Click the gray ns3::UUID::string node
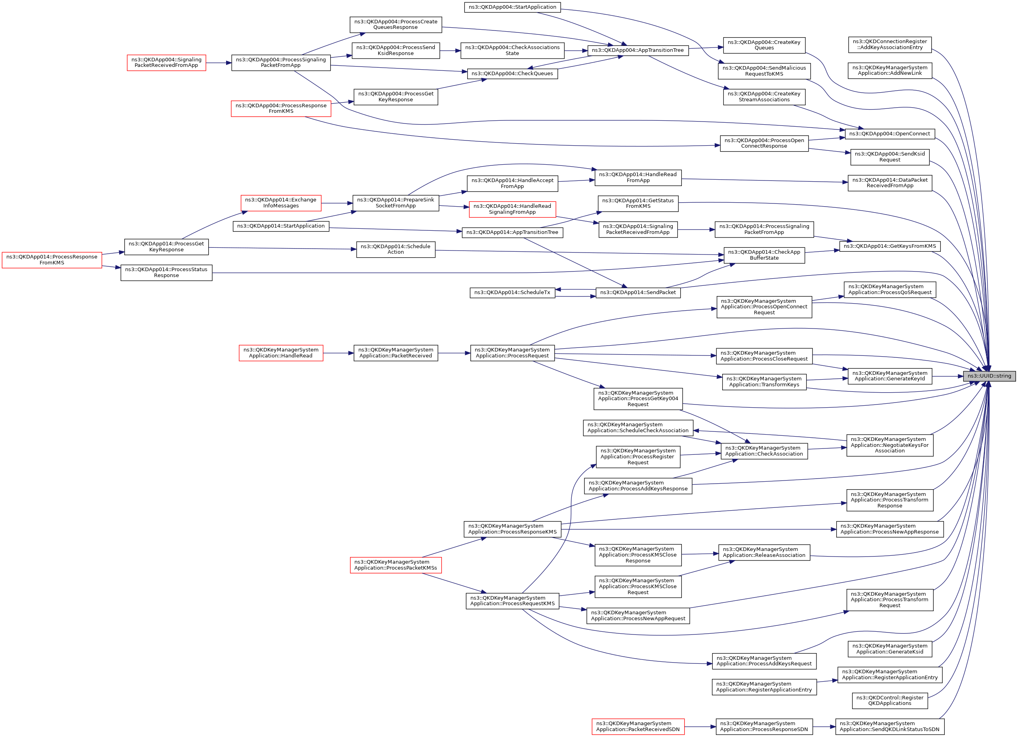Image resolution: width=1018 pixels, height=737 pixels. [x=989, y=376]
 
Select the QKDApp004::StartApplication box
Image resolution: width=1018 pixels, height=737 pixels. [x=512, y=7]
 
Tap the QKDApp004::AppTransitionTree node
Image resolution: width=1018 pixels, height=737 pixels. [x=637, y=50]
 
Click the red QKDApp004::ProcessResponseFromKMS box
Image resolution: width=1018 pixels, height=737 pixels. [x=281, y=108]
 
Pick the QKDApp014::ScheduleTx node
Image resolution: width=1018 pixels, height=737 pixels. [x=512, y=293]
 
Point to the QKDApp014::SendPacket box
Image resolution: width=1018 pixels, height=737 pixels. [x=638, y=293]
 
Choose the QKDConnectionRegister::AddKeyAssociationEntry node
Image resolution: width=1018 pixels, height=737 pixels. [x=890, y=44]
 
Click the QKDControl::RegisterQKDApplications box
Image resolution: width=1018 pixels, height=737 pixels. [x=890, y=701]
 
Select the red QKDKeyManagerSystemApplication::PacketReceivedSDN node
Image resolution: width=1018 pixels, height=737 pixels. [x=638, y=726]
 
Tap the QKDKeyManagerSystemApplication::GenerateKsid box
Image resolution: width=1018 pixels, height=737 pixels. [x=890, y=649]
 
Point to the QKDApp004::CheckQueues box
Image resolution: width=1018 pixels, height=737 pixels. [x=512, y=74]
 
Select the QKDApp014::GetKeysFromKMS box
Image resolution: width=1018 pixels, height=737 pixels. [x=890, y=246]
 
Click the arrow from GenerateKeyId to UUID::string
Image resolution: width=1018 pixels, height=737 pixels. [x=948, y=376]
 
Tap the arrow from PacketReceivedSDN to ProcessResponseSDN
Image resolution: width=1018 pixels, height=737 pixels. [x=700, y=727]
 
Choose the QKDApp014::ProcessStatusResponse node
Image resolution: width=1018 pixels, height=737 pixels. [x=166, y=272]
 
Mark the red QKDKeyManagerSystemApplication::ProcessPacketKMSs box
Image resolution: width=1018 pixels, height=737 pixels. [x=396, y=565]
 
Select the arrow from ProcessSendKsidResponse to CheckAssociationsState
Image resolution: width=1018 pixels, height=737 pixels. [x=450, y=51]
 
